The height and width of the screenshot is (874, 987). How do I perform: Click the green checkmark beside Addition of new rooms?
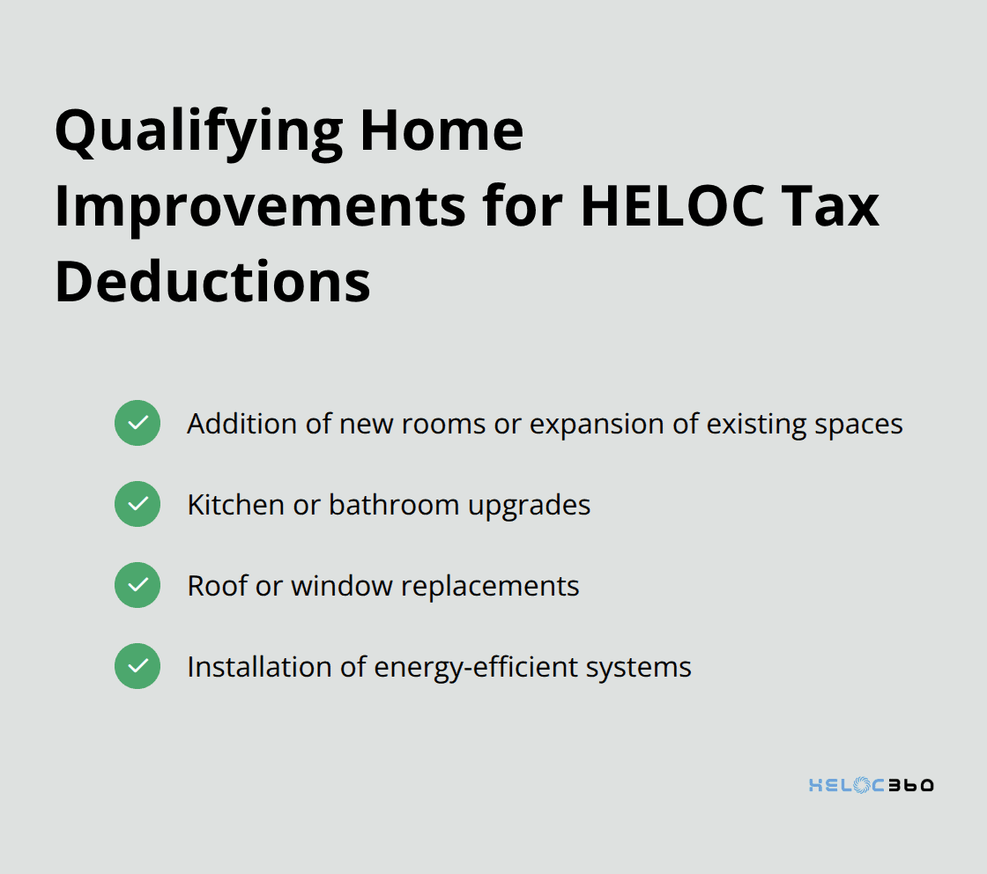(x=137, y=423)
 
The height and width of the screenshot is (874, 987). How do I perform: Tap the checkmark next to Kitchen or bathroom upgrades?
(x=137, y=504)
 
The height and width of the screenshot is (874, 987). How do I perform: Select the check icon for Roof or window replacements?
(x=137, y=585)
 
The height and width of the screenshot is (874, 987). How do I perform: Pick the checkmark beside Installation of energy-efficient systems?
(x=137, y=666)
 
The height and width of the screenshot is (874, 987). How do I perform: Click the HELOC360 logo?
(x=871, y=785)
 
